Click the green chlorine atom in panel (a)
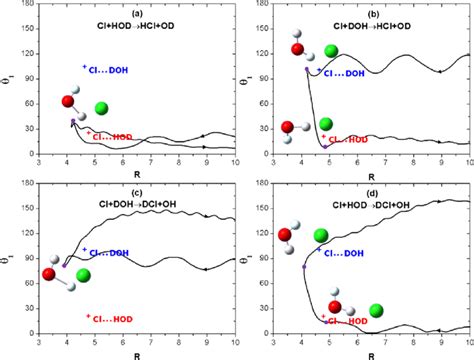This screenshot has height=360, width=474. point(102,108)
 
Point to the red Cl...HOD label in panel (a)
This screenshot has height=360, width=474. point(111,135)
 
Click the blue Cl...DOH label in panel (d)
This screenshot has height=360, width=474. point(341,251)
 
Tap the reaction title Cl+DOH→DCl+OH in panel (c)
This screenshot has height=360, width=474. point(139,204)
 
